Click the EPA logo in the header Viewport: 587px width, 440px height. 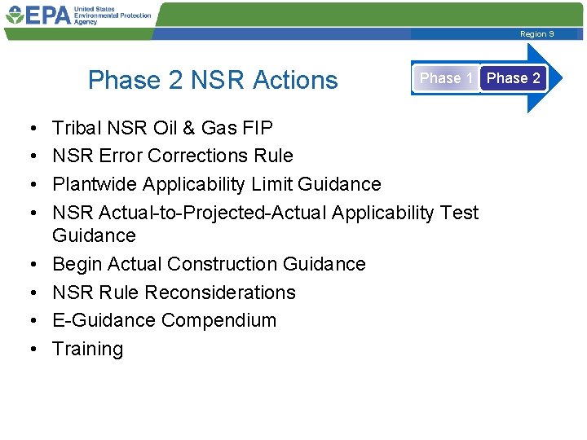click(x=38, y=15)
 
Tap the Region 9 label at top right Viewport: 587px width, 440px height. click(x=536, y=34)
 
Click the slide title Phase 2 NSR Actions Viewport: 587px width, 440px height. click(x=213, y=80)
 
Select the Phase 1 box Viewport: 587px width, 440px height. click(x=445, y=78)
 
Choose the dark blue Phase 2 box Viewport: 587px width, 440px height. click(x=513, y=78)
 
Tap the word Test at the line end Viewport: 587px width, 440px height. click(x=459, y=213)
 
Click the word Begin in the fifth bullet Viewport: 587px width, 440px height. click(x=77, y=264)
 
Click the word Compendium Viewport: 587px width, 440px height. click(x=218, y=320)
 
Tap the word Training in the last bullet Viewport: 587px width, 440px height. click(x=87, y=349)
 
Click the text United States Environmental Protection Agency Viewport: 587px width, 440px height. click(x=112, y=15)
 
